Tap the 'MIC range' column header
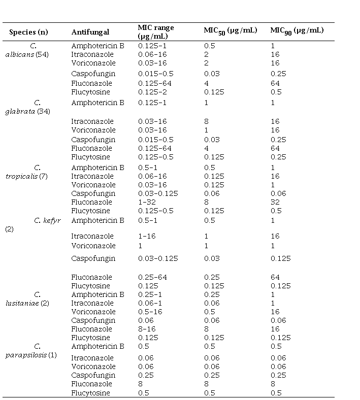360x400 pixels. (x=156, y=31)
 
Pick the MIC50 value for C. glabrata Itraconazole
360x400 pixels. (x=206, y=121)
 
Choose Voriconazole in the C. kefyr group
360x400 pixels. (x=93, y=246)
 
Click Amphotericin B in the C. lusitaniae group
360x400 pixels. (x=97, y=294)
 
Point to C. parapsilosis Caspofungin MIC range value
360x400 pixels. (x=145, y=375)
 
